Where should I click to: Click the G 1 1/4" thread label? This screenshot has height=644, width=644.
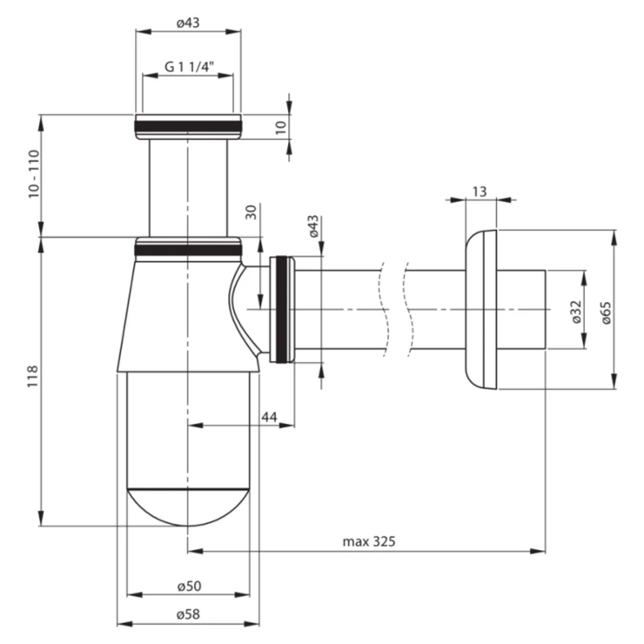tap(190, 66)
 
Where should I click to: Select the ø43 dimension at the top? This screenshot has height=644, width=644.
tap(188, 23)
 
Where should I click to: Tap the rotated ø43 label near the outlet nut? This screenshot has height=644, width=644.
tap(313, 226)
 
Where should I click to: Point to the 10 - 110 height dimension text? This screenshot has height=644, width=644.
tap(34, 174)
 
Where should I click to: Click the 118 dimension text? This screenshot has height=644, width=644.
tap(32, 376)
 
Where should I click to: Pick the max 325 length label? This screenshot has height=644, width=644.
tap(369, 541)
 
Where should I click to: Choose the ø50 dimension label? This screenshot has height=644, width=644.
tap(190, 586)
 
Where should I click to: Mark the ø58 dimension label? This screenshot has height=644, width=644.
tap(188, 614)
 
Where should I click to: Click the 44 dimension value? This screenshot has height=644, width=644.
tap(270, 417)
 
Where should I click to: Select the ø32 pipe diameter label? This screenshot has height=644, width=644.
tap(577, 312)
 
